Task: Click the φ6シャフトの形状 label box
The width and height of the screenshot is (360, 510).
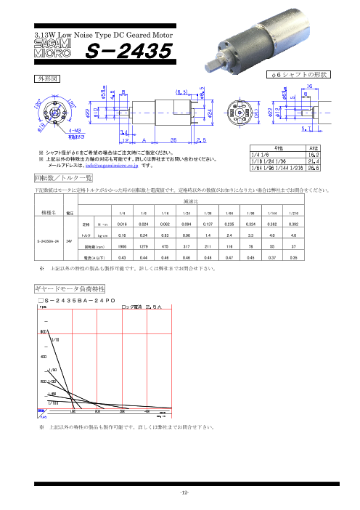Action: (299, 75)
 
